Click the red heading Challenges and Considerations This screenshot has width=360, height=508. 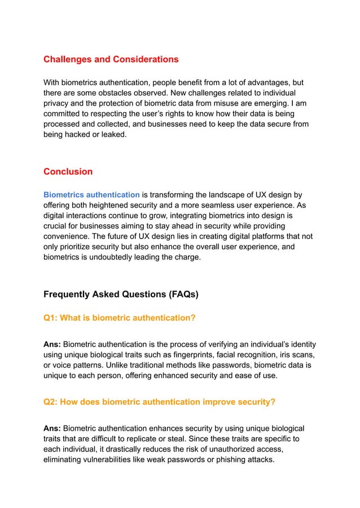pyautogui.click(x=111, y=59)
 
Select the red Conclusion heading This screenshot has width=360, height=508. pyautogui.click(x=68, y=171)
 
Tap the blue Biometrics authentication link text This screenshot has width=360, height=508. pyautogui.click(x=91, y=195)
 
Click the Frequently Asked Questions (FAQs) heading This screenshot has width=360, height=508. pyautogui.click(x=121, y=293)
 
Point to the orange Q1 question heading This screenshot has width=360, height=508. pyautogui.click(x=119, y=318)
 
